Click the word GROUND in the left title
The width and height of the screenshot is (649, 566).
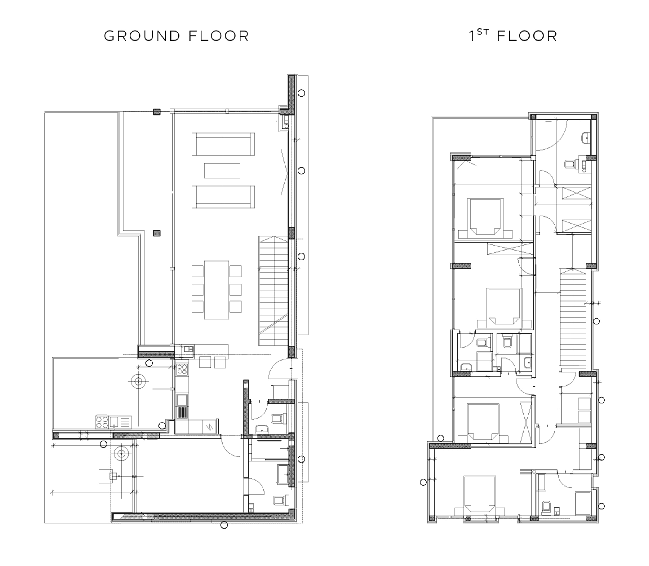(x=142, y=36)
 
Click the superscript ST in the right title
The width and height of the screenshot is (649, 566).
(x=483, y=32)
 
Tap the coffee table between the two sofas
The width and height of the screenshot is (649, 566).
(x=222, y=171)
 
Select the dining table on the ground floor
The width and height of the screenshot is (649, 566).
(x=216, y=290)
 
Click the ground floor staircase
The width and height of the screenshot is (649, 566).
(x=274, y=290)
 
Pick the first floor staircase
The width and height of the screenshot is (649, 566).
(x=573, y=317)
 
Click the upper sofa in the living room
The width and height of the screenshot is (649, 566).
(x=223, y=144)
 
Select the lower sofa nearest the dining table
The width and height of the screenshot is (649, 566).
(x=223, y=197)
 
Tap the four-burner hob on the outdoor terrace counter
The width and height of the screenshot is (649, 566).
(x=102, y=422)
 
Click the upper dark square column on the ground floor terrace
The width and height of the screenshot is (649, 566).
(x=157, y=112)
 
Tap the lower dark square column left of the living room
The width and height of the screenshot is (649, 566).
(x=157, y=233)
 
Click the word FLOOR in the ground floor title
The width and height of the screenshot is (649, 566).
(x=219, y=36)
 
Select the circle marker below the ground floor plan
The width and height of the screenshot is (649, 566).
(x=224, y=525)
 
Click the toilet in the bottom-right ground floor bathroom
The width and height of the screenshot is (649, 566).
(x=280, y=500)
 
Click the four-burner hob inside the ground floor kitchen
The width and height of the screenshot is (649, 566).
(x=182, y=369)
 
